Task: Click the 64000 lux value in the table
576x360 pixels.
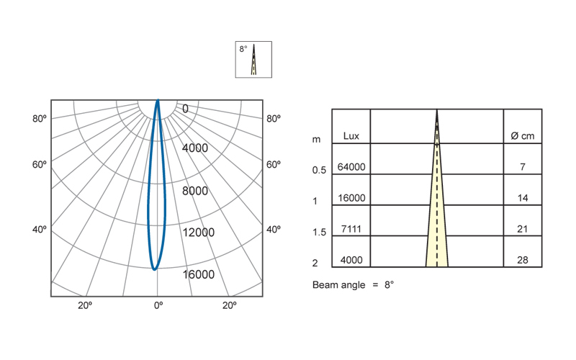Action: click(351, 167)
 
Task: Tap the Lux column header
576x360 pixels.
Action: click(351, 136)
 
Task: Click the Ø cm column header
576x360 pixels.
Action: click(523, 136)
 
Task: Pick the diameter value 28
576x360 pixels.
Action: click(523, 260)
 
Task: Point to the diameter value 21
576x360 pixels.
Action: click(523, 229)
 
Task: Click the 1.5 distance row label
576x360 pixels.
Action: click(319, 232)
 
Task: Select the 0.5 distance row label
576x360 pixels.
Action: click(319, 170)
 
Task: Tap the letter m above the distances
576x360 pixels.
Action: click(316, 140)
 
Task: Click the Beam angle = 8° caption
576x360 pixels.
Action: click(353, 284)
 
